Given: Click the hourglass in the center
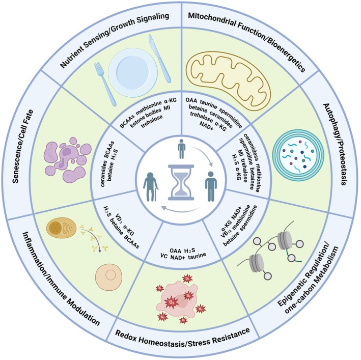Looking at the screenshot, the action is [x=181, y=182].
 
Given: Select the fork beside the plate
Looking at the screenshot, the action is [x=105, y=84].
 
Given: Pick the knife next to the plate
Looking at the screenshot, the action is [x=159, y=58].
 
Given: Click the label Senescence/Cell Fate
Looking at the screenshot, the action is [x=22, y=147].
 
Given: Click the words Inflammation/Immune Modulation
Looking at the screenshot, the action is [x=61, y=279].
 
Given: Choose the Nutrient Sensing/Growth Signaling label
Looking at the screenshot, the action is [x=115, y=41].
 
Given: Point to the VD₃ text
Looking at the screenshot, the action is [x=119, y=218].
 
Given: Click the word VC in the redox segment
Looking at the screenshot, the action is [x=163, y=256].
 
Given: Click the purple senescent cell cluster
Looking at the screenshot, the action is [x=67, y=160].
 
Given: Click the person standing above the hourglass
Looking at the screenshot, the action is [x=181, y=149].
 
